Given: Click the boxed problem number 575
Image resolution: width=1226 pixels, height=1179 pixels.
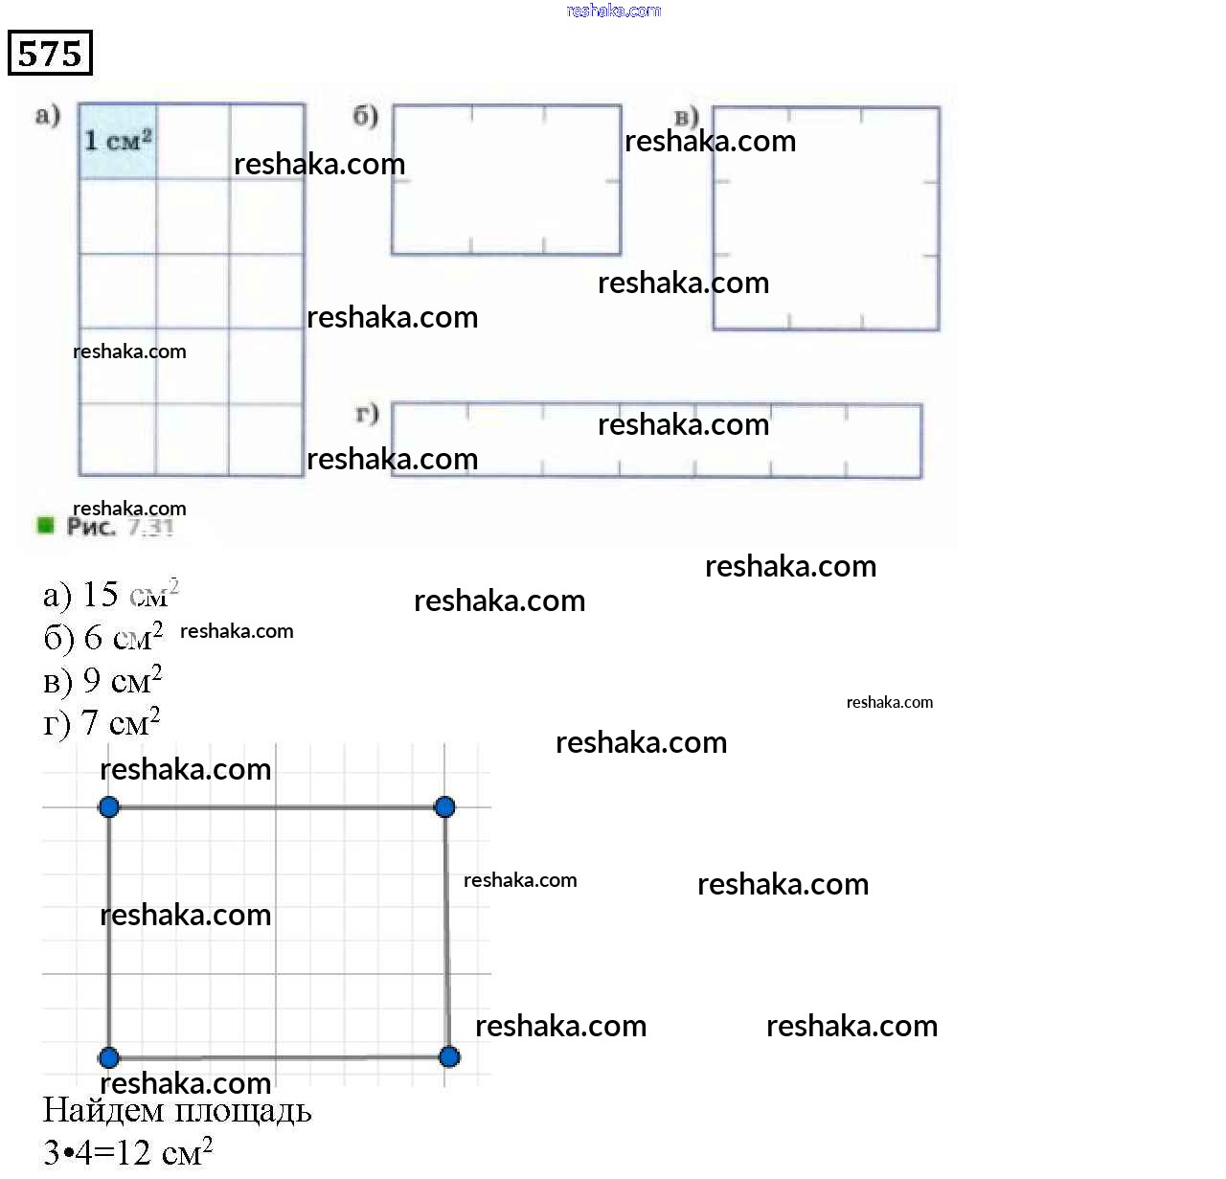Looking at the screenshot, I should pyautogui.click(x=50, y=53).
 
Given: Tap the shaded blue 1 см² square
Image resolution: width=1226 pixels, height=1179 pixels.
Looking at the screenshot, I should pyautogui.click(x=118, y=142).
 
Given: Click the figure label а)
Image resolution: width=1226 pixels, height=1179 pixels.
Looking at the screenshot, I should pyautogui.click(x=48, y=116).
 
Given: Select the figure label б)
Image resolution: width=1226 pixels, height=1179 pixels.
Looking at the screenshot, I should pyautogui.click(x=366, y=116).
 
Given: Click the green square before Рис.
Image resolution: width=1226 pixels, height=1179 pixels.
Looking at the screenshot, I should pyautogui.click(x=45, y=525).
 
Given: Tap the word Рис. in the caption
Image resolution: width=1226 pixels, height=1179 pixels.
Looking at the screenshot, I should pyautogui.click(x=91, y=527).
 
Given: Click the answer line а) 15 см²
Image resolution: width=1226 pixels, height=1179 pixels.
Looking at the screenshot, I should pyautogui.click(x=110, y=595).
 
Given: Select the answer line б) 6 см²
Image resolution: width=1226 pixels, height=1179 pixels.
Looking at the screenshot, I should pyautogui.click(x=103, y=637).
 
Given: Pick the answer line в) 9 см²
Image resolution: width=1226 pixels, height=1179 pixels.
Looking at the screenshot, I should pyautogui.click(x=102, y=680).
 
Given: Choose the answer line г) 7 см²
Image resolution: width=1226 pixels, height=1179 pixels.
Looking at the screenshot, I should pyautogui.click(x=102, y=722).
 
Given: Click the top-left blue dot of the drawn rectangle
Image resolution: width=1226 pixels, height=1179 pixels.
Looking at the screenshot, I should pyautogui.click(x=109, y=807).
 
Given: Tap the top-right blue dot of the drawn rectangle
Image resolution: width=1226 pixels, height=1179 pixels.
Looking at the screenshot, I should pyautogui.click(x=444, y=807).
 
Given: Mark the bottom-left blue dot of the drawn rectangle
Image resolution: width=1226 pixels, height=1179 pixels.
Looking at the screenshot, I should pyautogui.click(x=109, y=1057).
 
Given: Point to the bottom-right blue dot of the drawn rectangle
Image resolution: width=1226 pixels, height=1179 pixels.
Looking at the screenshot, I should pyautogui.click(x=448, y=1056).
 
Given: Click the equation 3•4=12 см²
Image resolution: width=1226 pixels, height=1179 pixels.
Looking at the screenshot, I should pyautogui.click(x=127, y=1151).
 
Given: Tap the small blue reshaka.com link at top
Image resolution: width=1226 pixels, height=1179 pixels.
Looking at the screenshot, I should pyautogui.click(x=613, y=11).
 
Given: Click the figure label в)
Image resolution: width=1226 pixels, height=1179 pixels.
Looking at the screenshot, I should pyautogui.click(x=686, y=118).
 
